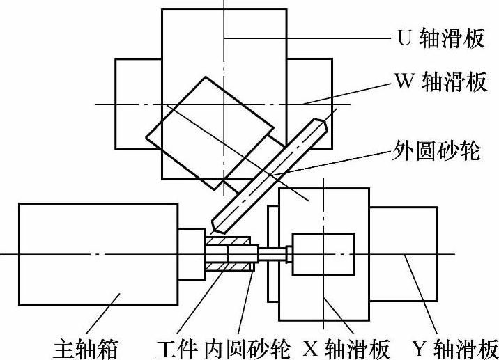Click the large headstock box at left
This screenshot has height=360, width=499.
coord(98,253)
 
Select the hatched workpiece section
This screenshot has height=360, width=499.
coord(229,254)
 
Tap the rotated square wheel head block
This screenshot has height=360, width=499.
coord(209,130)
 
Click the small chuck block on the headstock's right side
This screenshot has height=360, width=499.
coord(192,254)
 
